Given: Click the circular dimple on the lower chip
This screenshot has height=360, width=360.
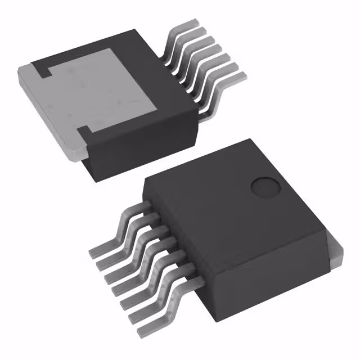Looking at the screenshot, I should [264, 187].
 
